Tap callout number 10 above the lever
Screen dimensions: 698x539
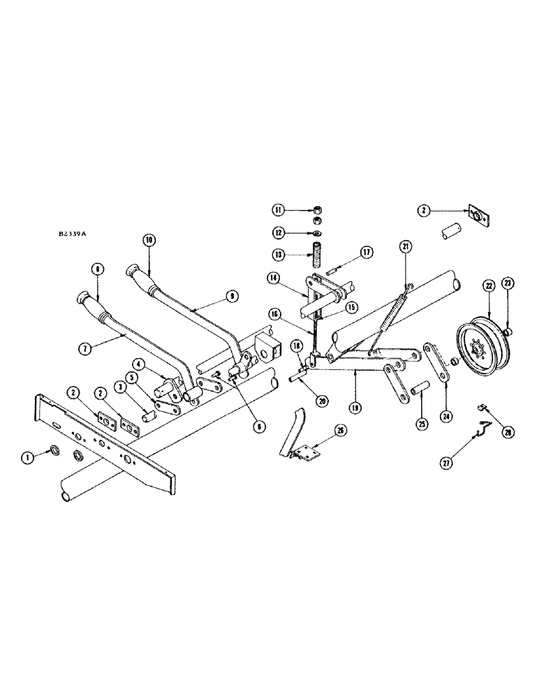[149, 239]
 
